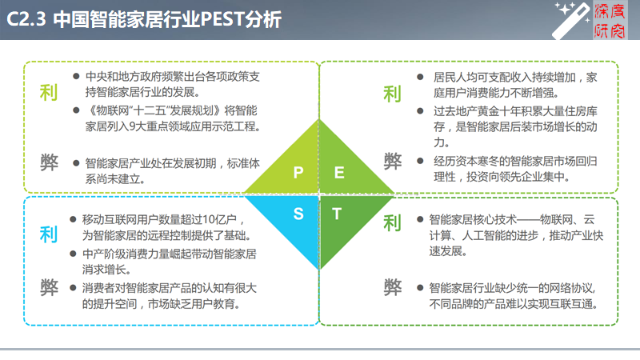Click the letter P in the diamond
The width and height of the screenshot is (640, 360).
click(298, 172)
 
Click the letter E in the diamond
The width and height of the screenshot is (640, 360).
click(339, 173)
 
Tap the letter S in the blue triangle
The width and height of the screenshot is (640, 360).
click(298, 214)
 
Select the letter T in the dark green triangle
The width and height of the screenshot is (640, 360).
click(337, 214)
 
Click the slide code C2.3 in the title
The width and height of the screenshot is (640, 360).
click(26, 19)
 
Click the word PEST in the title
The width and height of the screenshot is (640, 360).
click(222, 19)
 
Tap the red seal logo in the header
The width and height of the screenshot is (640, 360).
click(610, 21)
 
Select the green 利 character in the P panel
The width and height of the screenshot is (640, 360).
click(49, 93)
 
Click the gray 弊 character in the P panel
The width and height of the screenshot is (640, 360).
click(49, 162)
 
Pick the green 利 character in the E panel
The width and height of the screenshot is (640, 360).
click(392, 94)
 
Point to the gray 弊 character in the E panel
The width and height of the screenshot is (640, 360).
click(393, 162)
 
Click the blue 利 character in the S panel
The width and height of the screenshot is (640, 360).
click(49, 234)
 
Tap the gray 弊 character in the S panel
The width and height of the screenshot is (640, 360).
click(49, 288)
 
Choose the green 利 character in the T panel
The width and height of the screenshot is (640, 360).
click(392, 223)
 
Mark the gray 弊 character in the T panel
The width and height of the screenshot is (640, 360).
click(393, 287)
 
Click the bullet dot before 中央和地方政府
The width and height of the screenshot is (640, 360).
click(76, 76)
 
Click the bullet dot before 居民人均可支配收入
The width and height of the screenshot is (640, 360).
click(420, 77)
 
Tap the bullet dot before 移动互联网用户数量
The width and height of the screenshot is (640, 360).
click(73, 219)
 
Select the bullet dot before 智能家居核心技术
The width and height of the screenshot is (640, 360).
click(420, 219)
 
